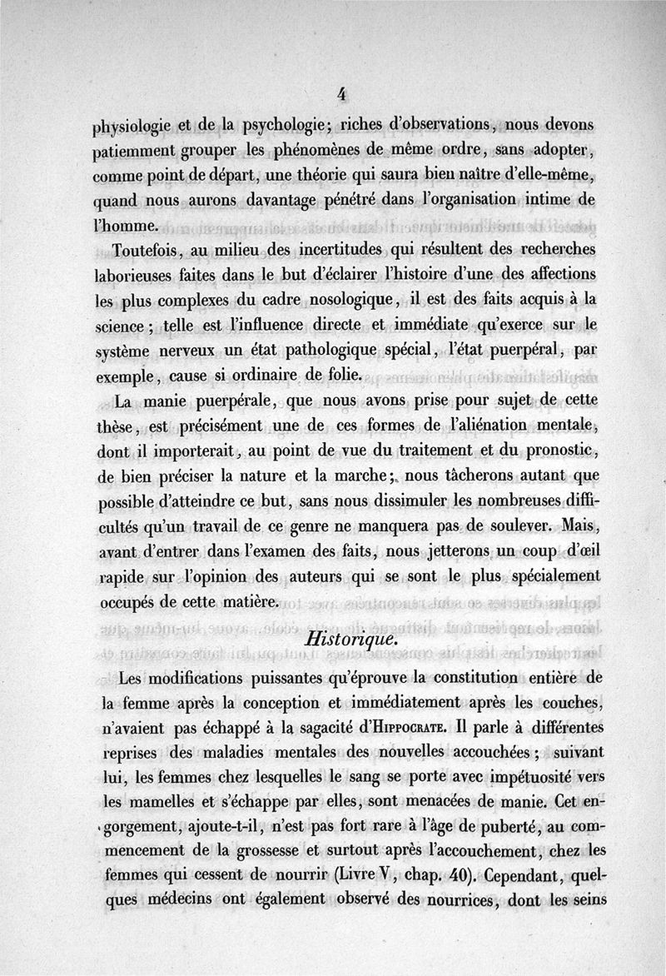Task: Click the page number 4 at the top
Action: [341, 94]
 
